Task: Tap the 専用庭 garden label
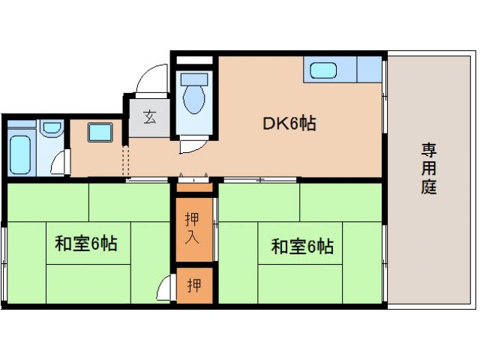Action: coord(428,169)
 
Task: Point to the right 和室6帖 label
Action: coord(301,246)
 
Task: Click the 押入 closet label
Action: coord(193,229)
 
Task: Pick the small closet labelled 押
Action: coord(193,285)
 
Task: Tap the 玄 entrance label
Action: coord(150,118)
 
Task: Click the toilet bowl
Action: coord(193,100)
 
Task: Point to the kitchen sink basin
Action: coord(323,72)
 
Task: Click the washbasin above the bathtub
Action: coord(51,128)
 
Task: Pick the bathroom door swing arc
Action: coord(60,163)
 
